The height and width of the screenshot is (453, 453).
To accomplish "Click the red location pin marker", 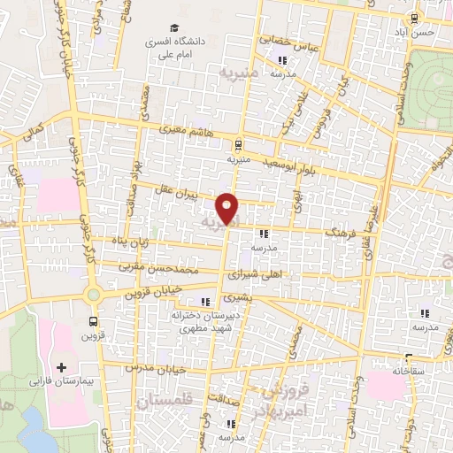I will coord(229,208).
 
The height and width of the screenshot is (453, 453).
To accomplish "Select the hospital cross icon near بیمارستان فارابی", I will coord(61,366).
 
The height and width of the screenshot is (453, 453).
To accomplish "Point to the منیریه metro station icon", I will coord(238,145).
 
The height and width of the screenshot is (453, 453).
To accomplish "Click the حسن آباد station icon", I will coord(414,18).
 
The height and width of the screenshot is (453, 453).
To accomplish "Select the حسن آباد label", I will coord(418,32).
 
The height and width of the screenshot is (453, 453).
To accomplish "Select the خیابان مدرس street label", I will coord(147,366).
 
